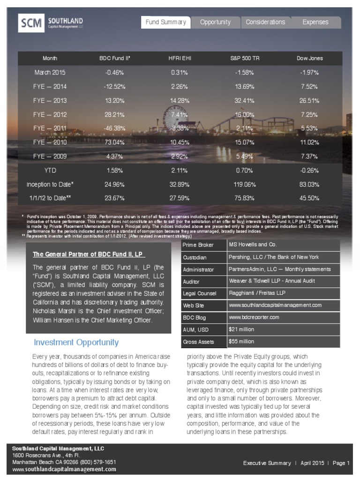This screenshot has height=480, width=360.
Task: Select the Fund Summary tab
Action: tap(166, 22)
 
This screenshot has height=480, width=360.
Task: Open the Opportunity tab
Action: tap(215, 22)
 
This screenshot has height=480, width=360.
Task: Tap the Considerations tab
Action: tap(265, 22)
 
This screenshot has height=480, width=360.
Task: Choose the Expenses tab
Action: tap(315, 22)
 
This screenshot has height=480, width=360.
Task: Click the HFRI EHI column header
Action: tap(180, 59)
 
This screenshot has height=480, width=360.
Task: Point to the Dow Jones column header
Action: tap(309, 59)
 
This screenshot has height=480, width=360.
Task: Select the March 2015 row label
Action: tap(50, 73)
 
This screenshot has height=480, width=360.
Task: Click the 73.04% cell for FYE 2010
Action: tap(114, 142)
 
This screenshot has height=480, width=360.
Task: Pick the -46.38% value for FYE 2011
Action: tap(114, 128)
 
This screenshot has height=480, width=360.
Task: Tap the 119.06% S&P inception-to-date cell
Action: tap(245, 184)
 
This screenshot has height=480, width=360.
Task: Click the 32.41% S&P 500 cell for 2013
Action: tap(245, 100)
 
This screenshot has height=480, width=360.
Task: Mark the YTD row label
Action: tap(50, 171)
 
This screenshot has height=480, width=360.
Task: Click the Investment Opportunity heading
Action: tap(76, 342)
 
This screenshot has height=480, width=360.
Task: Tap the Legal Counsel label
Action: tap(200, 293)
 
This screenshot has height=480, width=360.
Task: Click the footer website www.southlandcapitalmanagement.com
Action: tap(64, 469)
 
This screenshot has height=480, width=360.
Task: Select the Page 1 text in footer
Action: tap(341, 463)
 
